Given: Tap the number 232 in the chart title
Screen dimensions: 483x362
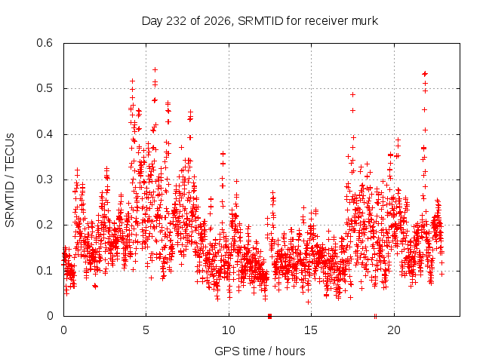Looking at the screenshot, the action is click(x=176, y=21).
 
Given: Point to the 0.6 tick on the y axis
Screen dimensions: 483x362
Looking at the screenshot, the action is click(x=45, y=43).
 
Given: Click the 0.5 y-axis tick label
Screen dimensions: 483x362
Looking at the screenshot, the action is click(x=45, y=88).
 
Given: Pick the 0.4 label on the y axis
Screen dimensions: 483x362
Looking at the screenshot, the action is click(x=45, y=134).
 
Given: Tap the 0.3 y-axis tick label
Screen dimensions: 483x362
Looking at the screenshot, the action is click(x=45, y=179).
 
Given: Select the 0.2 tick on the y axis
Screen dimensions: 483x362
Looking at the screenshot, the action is click(x=45, y=225).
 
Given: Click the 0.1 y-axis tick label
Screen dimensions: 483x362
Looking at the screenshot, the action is click(x=45, y=271).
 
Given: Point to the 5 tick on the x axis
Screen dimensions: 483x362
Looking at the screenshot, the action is click(x=146, y=330).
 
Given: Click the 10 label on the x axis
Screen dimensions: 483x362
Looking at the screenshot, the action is click(x=229, y=330).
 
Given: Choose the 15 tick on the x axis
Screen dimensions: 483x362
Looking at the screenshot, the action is click(x=311, y=330).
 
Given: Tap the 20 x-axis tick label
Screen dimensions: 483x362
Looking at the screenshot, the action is click(x=394, y=330).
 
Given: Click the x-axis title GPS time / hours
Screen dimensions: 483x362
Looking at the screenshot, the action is click(x=260, y=351).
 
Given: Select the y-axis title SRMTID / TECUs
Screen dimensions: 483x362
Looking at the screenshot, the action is click(x=10, y=180).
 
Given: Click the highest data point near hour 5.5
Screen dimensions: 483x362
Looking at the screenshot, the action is click(x=155, y=70).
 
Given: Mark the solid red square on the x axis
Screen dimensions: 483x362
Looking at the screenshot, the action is click(x=270, y=316).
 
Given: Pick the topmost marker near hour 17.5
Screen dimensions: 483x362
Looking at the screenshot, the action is click(x=352, y=94).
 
